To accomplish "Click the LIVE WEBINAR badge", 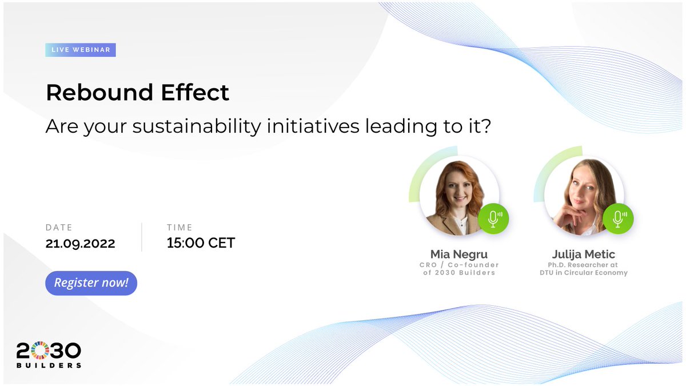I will [81, 50].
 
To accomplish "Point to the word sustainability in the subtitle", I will [196, 126].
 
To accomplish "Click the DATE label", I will [59, 228].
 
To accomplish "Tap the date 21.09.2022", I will [81, 243].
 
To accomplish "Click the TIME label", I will [180, 228].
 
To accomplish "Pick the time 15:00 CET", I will [201, 242].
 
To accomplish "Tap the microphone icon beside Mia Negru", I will [493, 218].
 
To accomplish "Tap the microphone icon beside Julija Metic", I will [617, 218].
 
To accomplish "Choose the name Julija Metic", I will [583, 253].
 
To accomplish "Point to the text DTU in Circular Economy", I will [583, 273].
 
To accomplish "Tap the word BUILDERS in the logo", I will [49, 365].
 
